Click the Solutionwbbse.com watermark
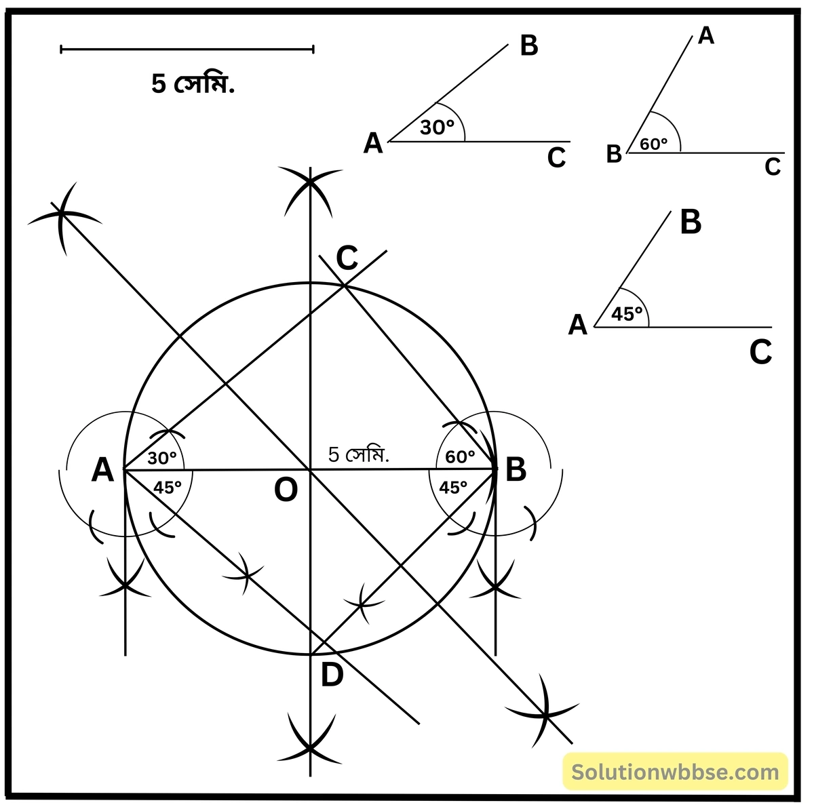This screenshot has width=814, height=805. [676, 772]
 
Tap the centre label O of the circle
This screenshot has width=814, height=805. [286, 490]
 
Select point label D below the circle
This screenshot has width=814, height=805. [332, 675]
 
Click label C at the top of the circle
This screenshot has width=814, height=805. [347, 258]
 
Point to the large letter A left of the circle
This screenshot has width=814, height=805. [102, 469]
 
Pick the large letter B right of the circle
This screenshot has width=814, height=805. [516, 469]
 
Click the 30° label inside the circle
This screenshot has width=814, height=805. [162, 458]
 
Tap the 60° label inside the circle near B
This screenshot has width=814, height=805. [460, 456]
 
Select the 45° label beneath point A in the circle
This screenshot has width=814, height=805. [168, 488]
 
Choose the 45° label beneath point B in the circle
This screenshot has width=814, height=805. [453, 487]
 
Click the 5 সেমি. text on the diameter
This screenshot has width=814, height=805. [359, 454]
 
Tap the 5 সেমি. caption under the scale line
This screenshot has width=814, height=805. [193, 84]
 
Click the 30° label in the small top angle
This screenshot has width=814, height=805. [437, 127]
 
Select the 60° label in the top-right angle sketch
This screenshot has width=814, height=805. [654, 144]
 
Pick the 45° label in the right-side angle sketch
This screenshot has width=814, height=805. [627, 313]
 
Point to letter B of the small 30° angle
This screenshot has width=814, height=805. [529, 45]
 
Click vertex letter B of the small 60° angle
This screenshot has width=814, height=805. [614, 154]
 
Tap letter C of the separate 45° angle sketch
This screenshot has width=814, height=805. [760, 353]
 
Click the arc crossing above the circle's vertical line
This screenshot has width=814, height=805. [310, 182]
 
